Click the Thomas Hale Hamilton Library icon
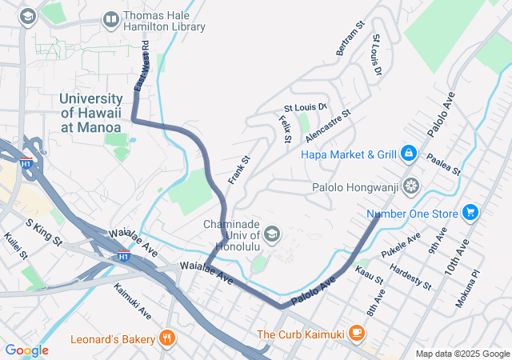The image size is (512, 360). tap(111, 18)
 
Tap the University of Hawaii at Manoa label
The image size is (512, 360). tap(90, 113)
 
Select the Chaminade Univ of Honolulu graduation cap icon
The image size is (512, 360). tap(271, 234)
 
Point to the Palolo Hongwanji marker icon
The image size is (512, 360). tap(410, 186)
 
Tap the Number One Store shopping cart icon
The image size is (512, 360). tap(470, 213)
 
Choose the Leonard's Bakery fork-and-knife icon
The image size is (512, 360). tap(167, 338)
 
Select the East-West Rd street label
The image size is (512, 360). tap(141, 66)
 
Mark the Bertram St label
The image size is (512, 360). tap(350, 38)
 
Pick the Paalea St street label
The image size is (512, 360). tap(443, 165)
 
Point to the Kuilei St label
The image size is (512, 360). tap(15, 246)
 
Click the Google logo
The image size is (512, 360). tap(26, 350)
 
